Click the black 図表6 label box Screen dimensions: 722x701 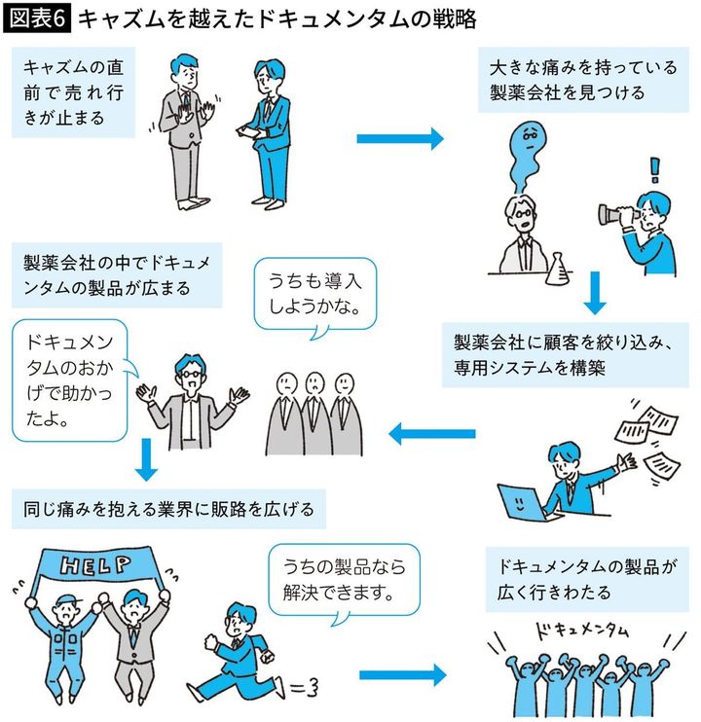tap(37, 18)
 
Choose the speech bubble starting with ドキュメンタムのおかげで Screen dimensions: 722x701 tap(71, 379)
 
